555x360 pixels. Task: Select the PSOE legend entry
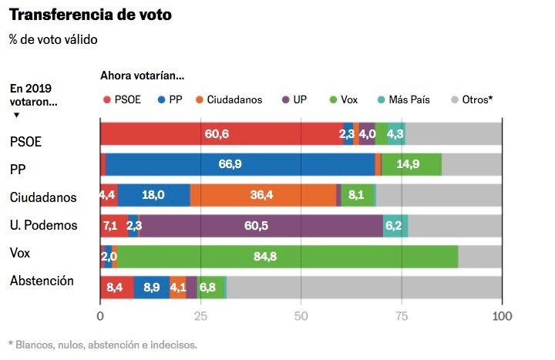pyautogui.click(x=123, y=99)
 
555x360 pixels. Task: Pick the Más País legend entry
pyautogui.click(x=408, y=99)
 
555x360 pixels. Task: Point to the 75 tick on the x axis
pyautogui.click(x=402, y=316)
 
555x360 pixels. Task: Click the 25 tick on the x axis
pyautogui.click(x=200, y=316)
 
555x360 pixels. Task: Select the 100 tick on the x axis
pyautogui.click(x=502, y=316)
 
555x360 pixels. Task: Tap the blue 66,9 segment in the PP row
pyautogui.click(x=240, y=164)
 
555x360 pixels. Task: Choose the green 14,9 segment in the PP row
pyautogui.click(x=412, y=164)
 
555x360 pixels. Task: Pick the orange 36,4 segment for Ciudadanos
pyautogui.click(x=263, y=196)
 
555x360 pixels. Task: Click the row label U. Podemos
pyautogui.click(x=44, y=226)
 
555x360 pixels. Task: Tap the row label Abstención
pyautogui.click(x=42, y=281)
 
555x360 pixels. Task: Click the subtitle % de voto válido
pyautogui.click(x=53, y=39)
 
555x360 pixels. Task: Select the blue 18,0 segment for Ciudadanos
pyautogui.click(x=154, y=196)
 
